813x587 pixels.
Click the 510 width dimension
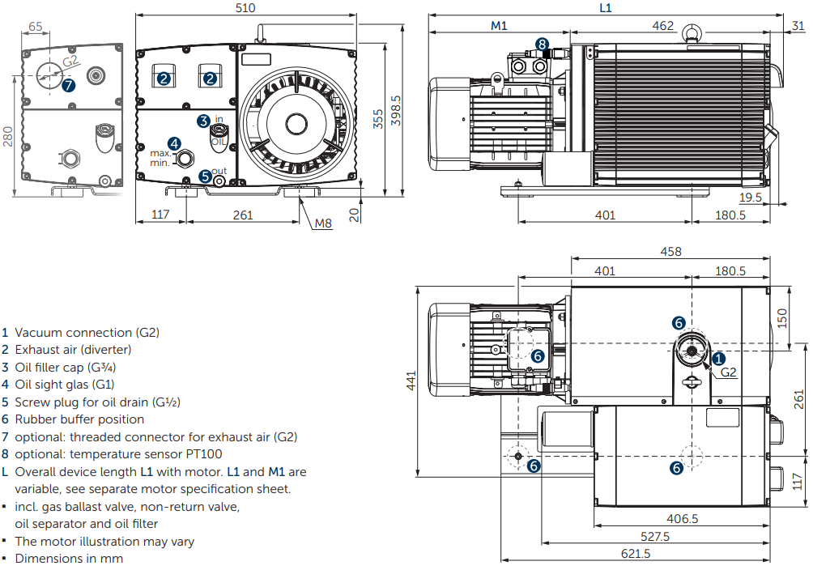(245, 8)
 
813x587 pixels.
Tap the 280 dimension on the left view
(8, 136)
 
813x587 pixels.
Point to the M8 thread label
(324, 223)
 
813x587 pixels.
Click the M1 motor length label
(499, 25)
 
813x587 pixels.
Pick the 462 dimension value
(662, 25)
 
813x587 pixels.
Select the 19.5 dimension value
(750, 197)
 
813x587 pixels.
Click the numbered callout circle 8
(542, 44)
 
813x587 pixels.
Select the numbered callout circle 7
(68, 84)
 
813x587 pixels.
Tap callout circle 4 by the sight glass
(174, 142)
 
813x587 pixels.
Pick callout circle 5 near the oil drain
(205, 174)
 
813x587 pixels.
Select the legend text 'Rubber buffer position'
(79, 419)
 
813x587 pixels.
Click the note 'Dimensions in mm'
(69, 558)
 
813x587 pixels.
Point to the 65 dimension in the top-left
(36, 26)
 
